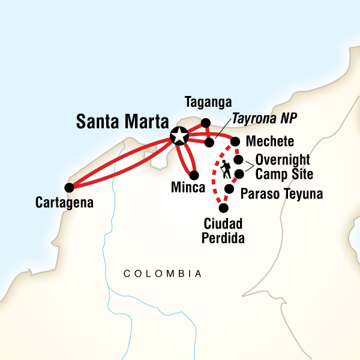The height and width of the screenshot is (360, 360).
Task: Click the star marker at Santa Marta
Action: pos(178,136)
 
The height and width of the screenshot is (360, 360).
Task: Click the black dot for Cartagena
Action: pos(70,187)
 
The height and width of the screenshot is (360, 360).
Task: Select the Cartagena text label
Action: pos(65,203)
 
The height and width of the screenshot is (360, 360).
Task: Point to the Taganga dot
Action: pos(205,123)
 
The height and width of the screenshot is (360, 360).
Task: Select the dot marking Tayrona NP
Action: pos(209,143)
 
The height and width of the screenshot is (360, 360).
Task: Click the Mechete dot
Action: pos(235,142)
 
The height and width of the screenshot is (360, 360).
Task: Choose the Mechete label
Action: pos(270,142)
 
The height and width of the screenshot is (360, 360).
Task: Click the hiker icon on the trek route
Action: pos(226,169)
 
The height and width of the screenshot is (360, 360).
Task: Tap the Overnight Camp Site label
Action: pos(282,167)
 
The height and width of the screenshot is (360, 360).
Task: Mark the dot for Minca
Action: pos(194,176)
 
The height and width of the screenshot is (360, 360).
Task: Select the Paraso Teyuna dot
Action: pos(229,189)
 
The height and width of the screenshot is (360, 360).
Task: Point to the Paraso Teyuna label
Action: pos(281,194)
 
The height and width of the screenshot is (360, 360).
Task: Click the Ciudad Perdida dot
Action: pos(224,208)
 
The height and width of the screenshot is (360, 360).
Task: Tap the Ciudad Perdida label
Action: pos(223,231)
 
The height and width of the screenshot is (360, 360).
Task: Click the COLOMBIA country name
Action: pos(162,274)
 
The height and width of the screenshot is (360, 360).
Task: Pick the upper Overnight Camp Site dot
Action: pos(238,160)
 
